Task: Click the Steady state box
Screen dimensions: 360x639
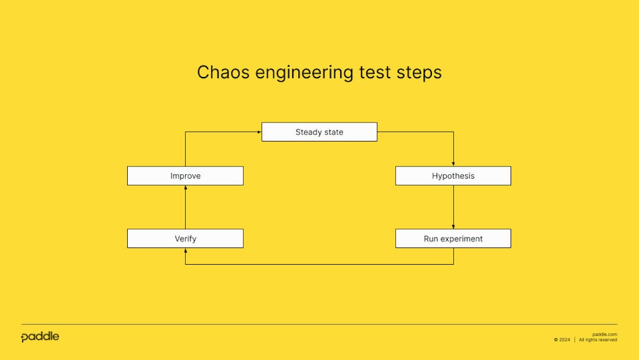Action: click(x=319, y=132)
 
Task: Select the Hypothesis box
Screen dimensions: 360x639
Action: click(x=453, y=176)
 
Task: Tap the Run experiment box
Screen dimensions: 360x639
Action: click(x=453, y=239)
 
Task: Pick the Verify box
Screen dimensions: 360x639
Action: click(x=185, y=239)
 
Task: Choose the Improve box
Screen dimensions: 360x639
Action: click(x=185, y=176)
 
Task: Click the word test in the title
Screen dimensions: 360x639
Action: click(x=375, y=72)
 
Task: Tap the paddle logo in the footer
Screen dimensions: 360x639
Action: click(x=40, y=337)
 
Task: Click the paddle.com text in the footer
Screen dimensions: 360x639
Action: click(x=604, y=334)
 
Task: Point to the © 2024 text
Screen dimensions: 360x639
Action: click(x=562, y=340)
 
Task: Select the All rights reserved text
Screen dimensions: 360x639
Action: click(x=598, y=340)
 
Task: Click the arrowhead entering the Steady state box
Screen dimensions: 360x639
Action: click(x=259, y=132)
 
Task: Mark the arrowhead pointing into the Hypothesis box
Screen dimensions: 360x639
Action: click(x=453, y=164)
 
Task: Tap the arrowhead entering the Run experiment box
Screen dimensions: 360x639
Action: click(x=453, y=227)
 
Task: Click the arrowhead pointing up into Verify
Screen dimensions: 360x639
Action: click(x=186, y=250)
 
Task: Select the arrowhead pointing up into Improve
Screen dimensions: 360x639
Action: click(x=186, y=188)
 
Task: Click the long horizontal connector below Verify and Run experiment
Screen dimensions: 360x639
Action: click(x=319, y=264)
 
